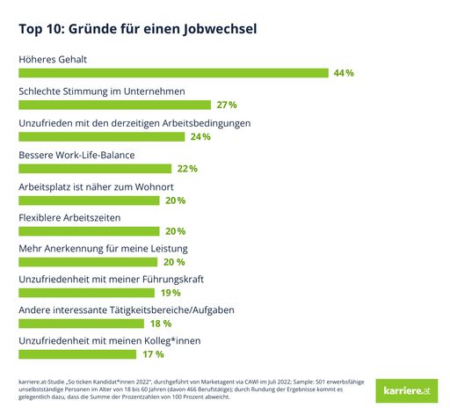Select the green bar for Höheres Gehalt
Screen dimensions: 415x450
coord(173,73)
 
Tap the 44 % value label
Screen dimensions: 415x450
coord(344,73)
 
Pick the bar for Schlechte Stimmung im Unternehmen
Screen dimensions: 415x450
coord(114,105)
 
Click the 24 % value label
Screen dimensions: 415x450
coord(200,136)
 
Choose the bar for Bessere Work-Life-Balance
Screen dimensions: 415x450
coord(95,168)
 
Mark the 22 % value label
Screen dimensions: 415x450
coord(186,168)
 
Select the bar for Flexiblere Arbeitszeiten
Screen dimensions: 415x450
coord(89,231)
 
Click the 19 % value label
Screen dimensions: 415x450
coord(171,293)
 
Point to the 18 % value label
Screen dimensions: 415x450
coord(161,324)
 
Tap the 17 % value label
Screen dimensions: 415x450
coord(153,354)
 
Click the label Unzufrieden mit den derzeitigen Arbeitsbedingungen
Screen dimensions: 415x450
coord(135,122)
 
